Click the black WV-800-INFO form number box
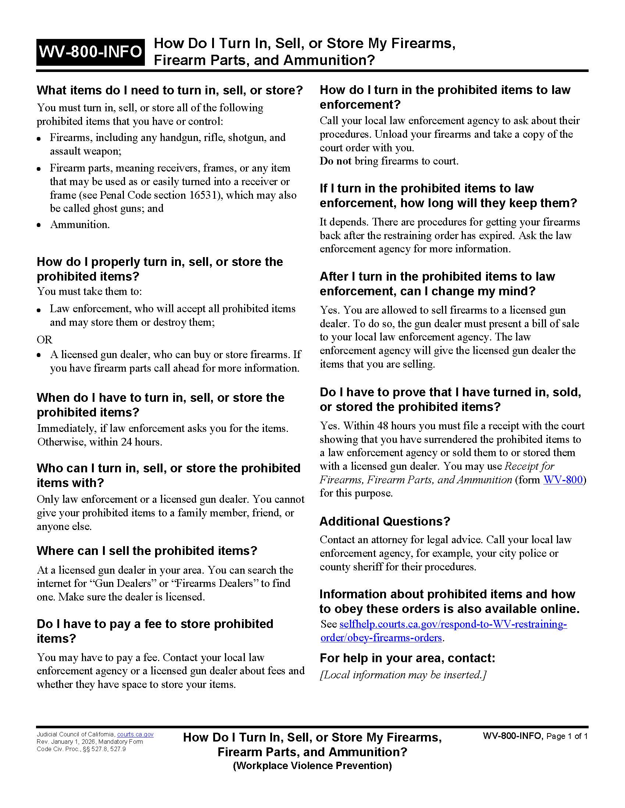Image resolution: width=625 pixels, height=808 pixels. (90, 52)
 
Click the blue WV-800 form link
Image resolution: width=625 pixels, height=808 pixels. (562, 480)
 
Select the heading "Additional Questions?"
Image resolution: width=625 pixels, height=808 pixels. (384, 521)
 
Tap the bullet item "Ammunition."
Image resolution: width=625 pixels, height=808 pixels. (80, 224)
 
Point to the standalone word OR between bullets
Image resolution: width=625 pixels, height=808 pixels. (44, 340)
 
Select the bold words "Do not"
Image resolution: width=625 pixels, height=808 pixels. (335, 161)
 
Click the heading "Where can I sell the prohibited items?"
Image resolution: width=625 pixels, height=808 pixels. (147, 551)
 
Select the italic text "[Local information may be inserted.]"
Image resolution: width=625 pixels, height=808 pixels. (403, 675)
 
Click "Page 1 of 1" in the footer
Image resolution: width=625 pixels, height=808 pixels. (567, 736)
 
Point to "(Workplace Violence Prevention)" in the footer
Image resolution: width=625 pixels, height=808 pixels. (312, 765)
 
